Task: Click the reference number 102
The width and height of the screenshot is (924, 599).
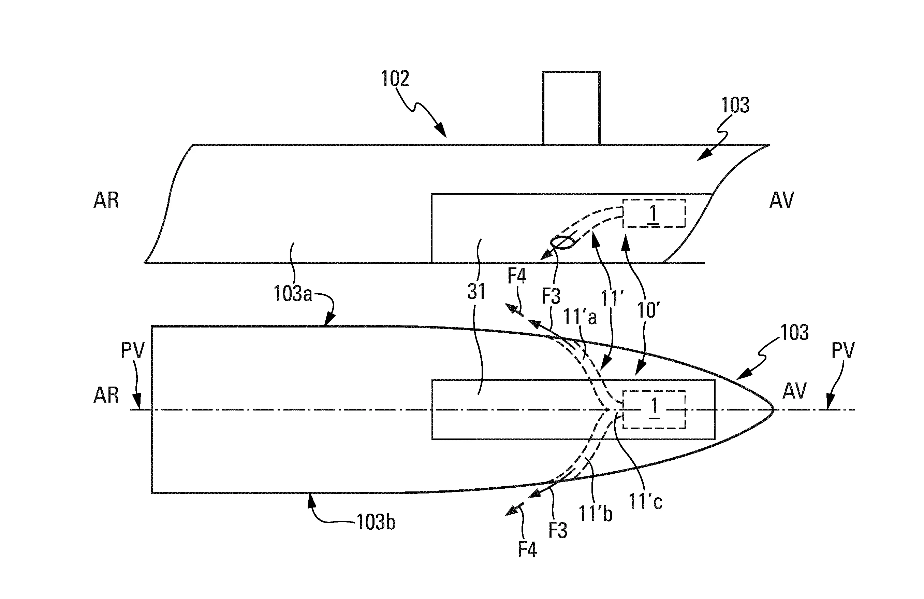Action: (395, 79)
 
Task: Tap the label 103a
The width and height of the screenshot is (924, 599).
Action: (293, 294)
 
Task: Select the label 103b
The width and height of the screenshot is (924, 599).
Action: (376, 523)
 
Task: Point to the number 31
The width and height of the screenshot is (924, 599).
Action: (476, 292)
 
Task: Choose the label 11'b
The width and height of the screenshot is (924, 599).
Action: (596, 514)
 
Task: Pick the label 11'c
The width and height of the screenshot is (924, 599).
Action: (645, 502)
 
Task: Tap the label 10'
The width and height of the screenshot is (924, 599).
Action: (649, 310)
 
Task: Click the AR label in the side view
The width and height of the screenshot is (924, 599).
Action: (106, 200)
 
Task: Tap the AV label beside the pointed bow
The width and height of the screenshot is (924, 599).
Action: (794, 391)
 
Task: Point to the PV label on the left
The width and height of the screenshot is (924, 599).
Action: (132, 351)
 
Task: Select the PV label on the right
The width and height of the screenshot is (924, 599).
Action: (843, 351)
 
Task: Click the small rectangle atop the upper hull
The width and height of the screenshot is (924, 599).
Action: (571, 108)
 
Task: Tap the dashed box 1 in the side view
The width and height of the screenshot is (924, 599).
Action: (654, 213)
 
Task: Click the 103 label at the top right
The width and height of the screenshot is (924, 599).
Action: (735, 105)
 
